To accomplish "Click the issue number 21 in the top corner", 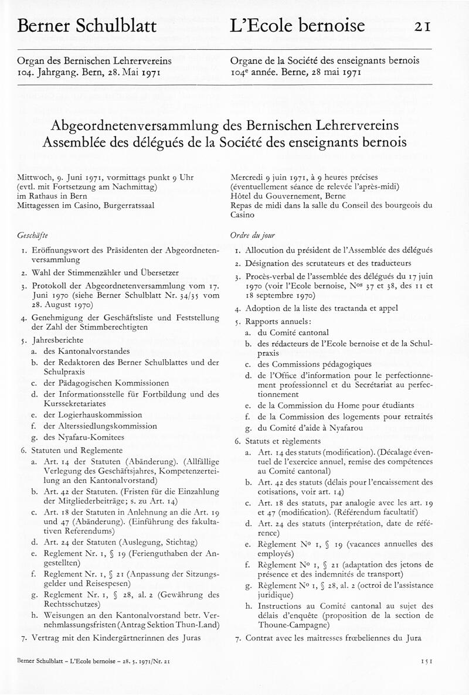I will (423, 26).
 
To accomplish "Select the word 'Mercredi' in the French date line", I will (249, 177).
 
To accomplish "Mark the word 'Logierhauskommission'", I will (93, 414).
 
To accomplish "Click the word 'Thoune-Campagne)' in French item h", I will (290, 625).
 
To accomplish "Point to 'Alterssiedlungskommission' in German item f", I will (100, 425).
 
